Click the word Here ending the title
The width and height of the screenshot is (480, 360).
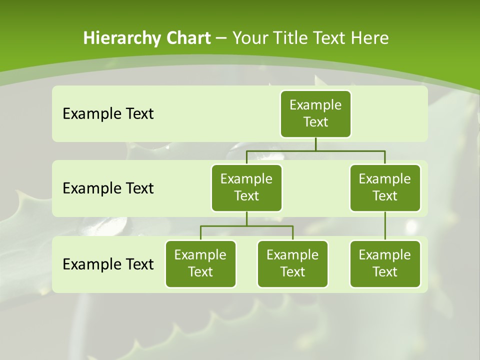(369, 38)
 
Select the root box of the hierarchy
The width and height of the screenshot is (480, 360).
(315, 114)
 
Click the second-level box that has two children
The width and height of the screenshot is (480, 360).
(246, 187)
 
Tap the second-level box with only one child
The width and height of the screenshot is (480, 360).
(385, 187)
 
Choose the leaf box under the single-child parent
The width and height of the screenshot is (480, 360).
(385, 263)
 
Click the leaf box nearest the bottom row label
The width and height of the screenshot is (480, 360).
(200, 263)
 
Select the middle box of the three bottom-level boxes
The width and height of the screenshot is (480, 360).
(293, 263)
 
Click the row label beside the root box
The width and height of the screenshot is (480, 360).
(108, 114)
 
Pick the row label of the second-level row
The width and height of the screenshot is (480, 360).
(108, 188)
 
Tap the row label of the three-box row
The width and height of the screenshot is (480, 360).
(108, 264)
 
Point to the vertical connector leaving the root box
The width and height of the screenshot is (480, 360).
(315, 144)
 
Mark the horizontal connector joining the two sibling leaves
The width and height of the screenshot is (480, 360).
(246, 226)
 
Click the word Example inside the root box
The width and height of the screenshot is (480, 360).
(315, 105)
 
